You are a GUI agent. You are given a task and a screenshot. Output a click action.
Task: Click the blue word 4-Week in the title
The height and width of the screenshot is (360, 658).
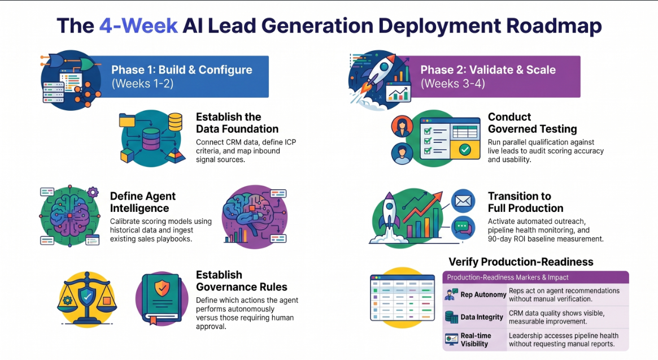click(x=138, y=25)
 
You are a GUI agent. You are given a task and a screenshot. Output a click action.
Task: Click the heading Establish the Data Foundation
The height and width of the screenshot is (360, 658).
click(x=237, y=123)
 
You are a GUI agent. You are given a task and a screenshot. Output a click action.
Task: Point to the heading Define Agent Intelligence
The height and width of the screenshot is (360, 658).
click(x=143, y=202)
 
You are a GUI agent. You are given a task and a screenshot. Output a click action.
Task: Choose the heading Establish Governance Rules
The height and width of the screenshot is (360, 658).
click(x=242, y=281)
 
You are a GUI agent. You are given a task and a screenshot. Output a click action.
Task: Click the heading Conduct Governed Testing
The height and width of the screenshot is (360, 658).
click(x=532, y=123)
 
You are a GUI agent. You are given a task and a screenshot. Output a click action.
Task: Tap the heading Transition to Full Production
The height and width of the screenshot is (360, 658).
click(x=525, y=202)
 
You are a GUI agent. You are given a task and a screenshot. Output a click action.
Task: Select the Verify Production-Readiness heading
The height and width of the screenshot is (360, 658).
click(x=521, y=262)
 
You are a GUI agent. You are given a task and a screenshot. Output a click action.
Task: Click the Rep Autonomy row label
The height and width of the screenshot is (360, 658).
click(x=483, y=295)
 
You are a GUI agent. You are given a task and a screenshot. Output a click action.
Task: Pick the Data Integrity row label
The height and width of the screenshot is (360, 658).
click(x=482, y=317)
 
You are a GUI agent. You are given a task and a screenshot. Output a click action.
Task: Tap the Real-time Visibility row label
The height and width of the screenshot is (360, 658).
click(x=476, y=340)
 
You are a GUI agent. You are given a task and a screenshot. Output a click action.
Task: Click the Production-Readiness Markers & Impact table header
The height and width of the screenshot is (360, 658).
click(x=508, y=277)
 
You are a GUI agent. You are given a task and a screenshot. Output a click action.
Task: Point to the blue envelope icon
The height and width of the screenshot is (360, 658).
click(x=463, y=201)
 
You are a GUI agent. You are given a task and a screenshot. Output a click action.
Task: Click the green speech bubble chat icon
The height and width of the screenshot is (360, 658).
click(x=463, y=227)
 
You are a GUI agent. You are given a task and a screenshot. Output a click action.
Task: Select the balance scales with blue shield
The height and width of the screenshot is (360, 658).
click(x=87, y=298)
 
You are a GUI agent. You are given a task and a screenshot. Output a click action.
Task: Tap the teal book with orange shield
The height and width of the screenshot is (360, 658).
click(x=161, y=298)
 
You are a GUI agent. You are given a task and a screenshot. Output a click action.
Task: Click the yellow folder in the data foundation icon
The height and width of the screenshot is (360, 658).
click(x=127, y=120)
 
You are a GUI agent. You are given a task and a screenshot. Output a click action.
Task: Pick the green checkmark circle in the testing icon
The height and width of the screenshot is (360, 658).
click(x=464, y=150)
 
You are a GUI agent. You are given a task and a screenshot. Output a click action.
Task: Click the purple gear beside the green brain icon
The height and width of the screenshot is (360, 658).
click(x=93, y=193)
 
